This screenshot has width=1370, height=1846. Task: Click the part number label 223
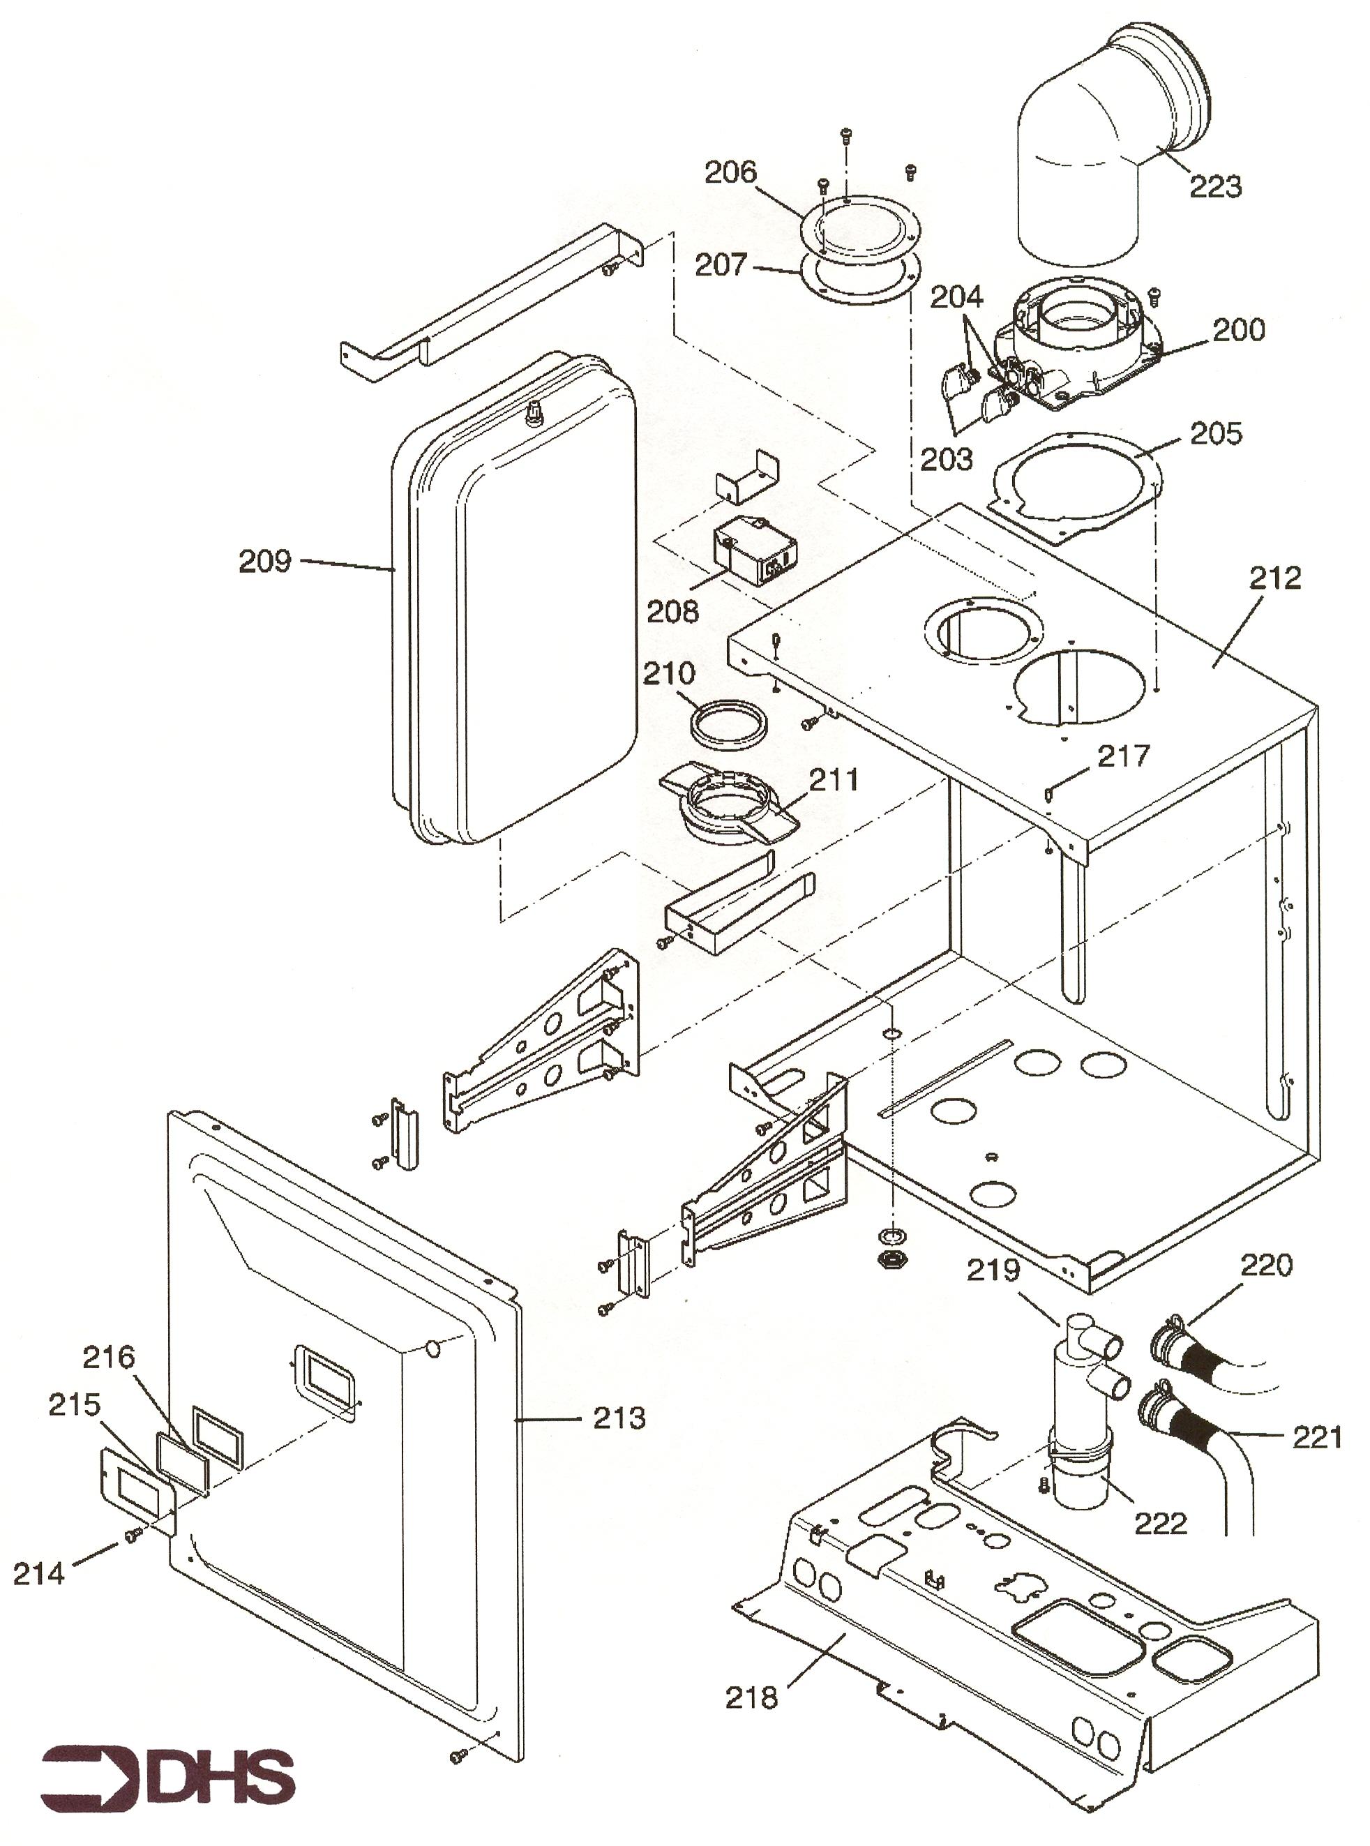click(x=1216, y=186)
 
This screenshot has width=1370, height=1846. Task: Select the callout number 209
click(x=265, y=562)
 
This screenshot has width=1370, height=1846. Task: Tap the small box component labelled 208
click(x=755, y=550)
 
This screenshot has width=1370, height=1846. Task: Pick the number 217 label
click(x=1124, y=756)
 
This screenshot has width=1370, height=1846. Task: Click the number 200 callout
click(x=1239, y=330)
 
